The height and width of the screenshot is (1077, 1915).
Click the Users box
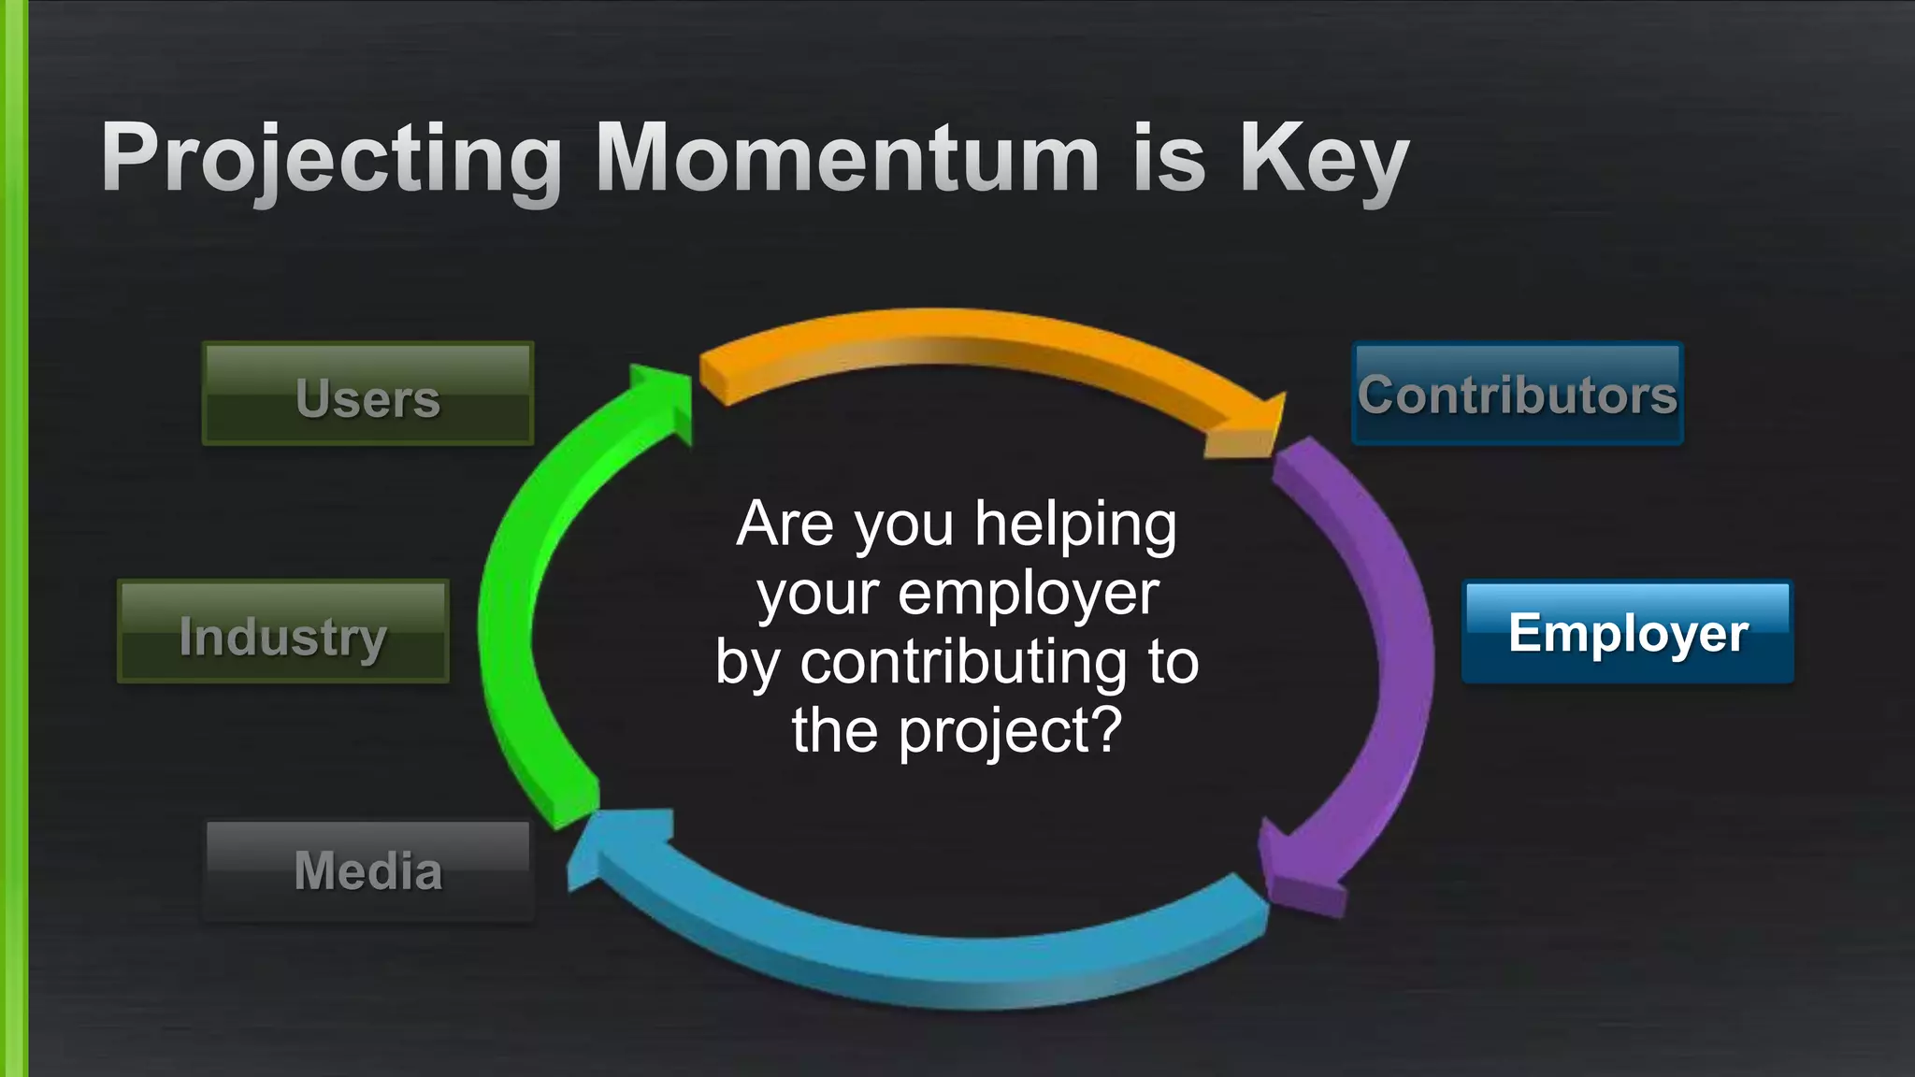367,395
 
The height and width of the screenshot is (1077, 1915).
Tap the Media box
367,870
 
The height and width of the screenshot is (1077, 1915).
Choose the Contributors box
1517,395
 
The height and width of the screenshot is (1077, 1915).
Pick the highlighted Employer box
1627,633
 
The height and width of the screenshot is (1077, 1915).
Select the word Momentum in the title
847,159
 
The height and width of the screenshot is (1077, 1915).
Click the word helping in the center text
1075,525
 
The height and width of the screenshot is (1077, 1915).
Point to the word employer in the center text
1029,595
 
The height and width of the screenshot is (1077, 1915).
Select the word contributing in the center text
963,663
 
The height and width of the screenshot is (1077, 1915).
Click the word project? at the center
1010,732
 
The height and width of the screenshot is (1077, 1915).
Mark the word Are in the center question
784,524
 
